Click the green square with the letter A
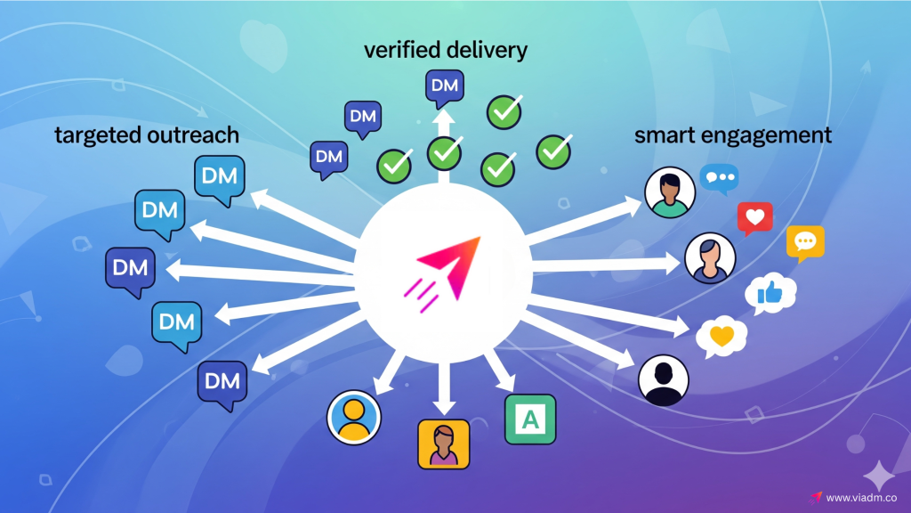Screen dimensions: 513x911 point(530,419)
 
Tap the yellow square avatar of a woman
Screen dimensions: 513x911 point(443,444)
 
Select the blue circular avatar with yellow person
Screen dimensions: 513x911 point(354,417)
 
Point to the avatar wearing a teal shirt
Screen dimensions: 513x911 point(669,192)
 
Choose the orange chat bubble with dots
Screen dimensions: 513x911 point(805,242)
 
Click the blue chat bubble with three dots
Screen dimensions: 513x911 point(719,179)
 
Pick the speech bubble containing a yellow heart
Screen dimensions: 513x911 point(722,337)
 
